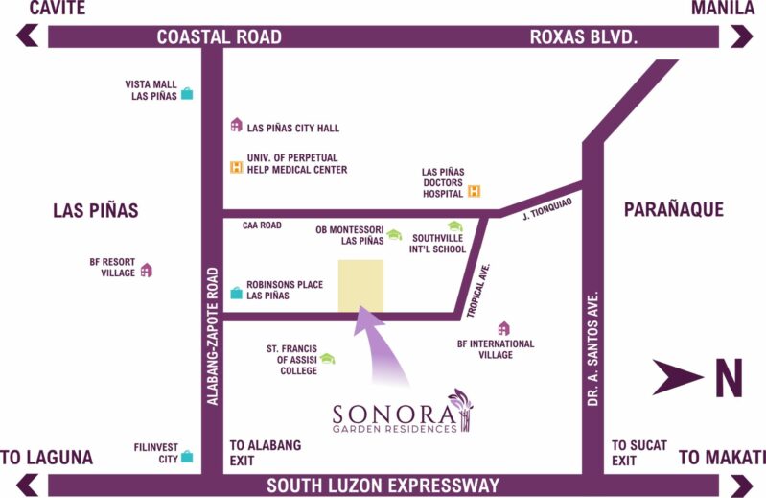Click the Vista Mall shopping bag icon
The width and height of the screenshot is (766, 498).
[187, 93]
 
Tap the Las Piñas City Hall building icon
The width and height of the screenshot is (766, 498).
[236, 125]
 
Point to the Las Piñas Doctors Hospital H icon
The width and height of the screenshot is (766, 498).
[473, 191]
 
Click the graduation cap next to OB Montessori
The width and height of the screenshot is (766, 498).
[394, 234]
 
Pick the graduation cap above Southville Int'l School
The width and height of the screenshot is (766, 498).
[454, 226]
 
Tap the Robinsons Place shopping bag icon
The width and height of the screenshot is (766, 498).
[236, 292]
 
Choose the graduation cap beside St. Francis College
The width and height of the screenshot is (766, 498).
[328, 358]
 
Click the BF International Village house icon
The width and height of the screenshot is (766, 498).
[503, 328]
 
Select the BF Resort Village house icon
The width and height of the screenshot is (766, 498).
[146, 270]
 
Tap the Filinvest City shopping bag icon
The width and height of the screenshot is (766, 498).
[187, 457]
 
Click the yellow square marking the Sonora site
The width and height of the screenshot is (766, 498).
[360, 285]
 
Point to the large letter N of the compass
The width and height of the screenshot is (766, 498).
[728, 377]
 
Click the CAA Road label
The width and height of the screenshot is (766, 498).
[262, 225]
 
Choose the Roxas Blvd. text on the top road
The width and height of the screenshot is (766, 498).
[583, 37]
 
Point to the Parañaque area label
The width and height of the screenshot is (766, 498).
[673, 210]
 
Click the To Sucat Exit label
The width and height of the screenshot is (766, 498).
[634, 453]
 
